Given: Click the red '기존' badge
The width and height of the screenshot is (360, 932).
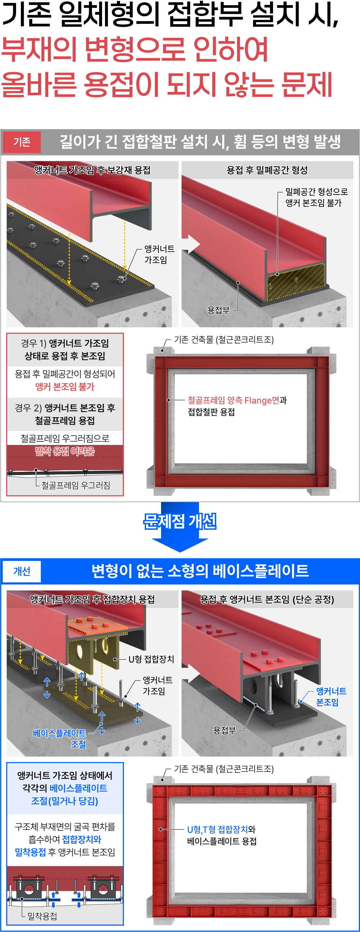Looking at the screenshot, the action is tap(22, 142).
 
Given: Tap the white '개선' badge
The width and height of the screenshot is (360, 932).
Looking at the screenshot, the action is tap(22, 571).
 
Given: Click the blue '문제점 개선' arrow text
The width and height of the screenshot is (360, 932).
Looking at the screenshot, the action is tap(180, 521).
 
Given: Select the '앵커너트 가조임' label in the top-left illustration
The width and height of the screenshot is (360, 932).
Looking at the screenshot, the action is tap(159, 254).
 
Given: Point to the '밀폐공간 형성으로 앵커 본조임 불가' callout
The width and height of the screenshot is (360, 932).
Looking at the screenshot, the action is tap(316, 197).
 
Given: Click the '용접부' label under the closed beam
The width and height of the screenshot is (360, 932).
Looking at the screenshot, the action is tap(218, 310).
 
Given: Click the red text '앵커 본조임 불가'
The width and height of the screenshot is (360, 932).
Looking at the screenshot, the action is tap(65, 387).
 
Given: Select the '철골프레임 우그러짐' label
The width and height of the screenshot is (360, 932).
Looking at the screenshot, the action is tap(76, 485).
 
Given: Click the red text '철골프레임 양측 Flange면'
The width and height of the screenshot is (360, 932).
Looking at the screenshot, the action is tap(233, 400).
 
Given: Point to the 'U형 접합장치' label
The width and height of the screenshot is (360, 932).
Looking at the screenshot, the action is tap(151, 659).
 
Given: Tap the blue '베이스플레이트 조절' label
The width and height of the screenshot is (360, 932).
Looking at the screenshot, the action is tap(60, 739).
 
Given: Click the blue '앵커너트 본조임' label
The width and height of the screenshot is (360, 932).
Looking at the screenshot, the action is tap(331, 696).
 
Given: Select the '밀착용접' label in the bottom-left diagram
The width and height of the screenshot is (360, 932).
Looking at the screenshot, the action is tap(42, 916).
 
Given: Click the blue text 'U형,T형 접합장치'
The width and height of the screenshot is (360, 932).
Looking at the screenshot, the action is tap(217, 829).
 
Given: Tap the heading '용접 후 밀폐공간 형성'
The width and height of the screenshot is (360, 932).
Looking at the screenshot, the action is tap(267, 170).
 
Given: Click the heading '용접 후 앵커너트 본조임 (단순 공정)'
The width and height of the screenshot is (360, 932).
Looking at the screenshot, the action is tap(267, 600).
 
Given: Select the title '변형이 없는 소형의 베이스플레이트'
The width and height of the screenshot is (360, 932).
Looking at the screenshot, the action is tap(200, 571).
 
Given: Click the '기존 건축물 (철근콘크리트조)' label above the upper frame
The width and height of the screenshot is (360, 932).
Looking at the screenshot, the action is tap(224, 339).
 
